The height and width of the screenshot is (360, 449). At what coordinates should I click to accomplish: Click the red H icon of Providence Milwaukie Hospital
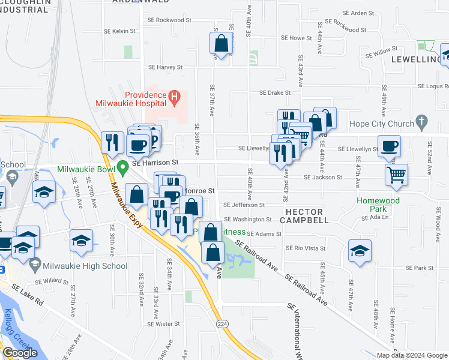point(173,95)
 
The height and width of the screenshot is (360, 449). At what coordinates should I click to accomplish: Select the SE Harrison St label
point(155,162)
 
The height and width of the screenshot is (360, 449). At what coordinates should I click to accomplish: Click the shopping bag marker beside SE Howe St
point(221,43)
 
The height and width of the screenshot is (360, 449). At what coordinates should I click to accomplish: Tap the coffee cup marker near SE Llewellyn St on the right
point(390,146)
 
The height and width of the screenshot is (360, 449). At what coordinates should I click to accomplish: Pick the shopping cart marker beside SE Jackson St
point(396,175)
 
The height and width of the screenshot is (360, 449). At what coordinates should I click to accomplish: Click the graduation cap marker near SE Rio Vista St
point(360,251)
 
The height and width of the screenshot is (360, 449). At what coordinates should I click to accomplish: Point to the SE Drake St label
point(275,93)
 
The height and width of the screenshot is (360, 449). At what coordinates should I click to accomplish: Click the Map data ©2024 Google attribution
point(412,355)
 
